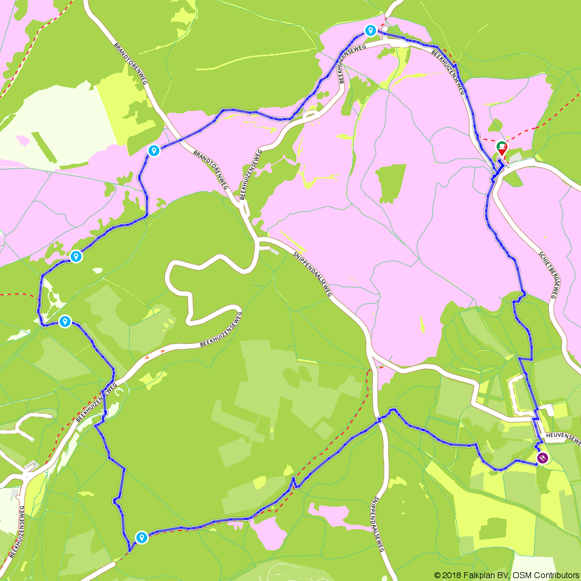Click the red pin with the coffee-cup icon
click(501, 148)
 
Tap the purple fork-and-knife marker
click(542, 458)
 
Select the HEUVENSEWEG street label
click(562, 437)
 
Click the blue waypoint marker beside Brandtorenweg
click(154, 151)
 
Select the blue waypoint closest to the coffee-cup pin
click(370, 30)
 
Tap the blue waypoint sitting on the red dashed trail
click(141, 537)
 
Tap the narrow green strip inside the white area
click(44, 146)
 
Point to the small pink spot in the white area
click(23, 140)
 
